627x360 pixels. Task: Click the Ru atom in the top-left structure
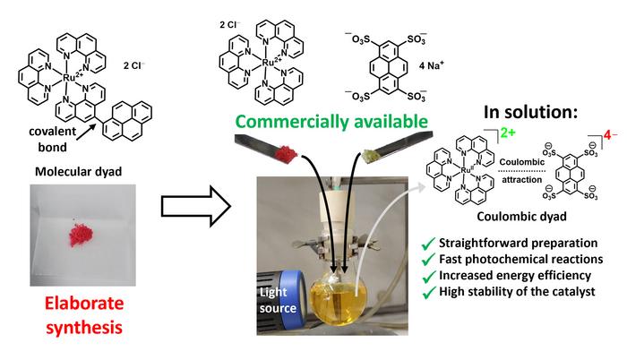click(x=73, y=79)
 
